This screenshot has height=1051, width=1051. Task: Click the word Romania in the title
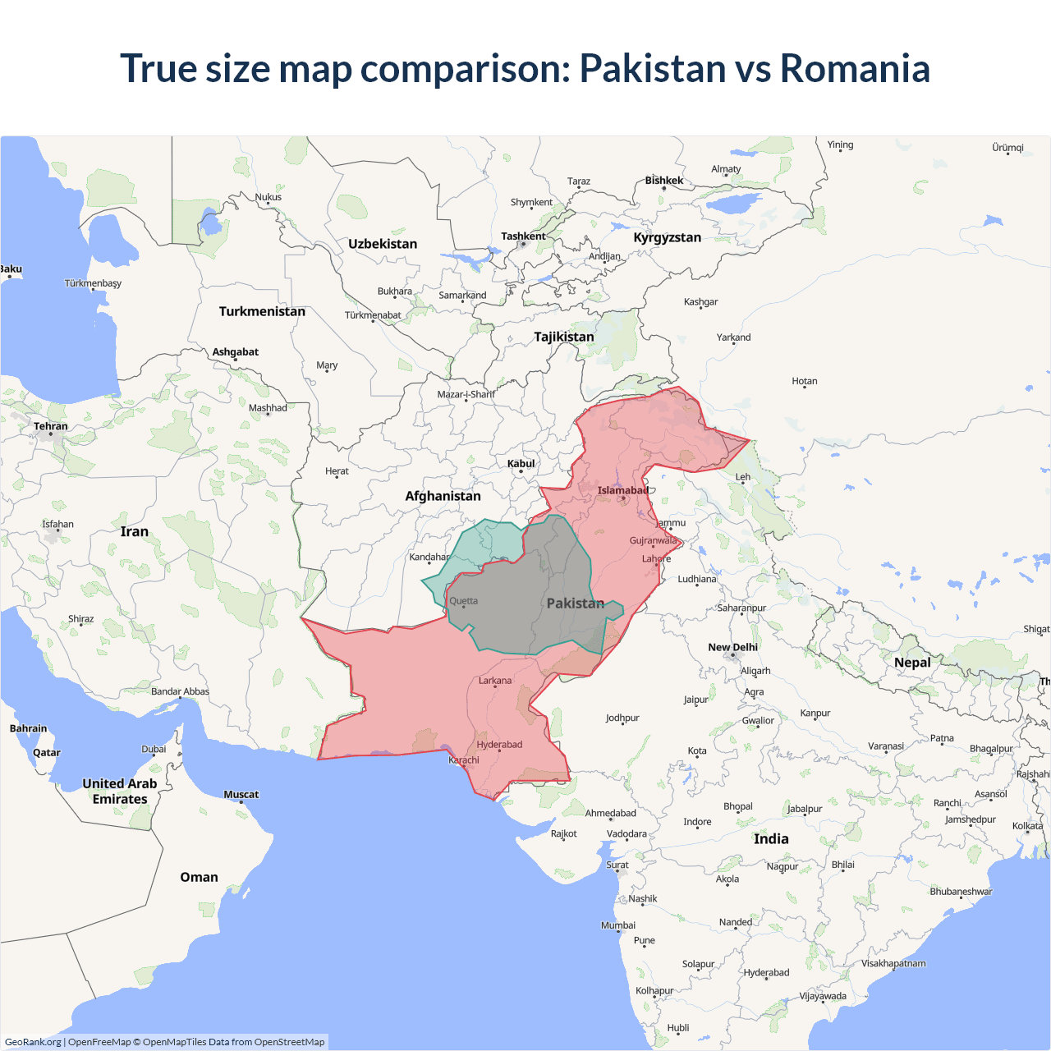pyautogui.click(x=855, y=68)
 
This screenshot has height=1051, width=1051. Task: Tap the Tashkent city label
pyautogui.click(x=523, y=236)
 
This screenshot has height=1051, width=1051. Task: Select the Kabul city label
pyautogui.click(x=521, y=464)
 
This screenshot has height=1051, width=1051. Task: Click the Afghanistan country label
pyautogui.click(x=443, y=496)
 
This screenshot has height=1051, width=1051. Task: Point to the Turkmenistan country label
pyautogui.click(x=262, y=311)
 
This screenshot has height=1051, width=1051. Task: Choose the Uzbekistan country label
pyautogui.click(x=383, y=244)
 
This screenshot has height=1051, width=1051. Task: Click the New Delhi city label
pyautogui.click(x=732, y=647)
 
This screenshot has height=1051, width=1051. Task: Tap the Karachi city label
pyautogui.click(x=464, y=760)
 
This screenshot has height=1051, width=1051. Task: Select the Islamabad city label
pyautogui.click(x=622, y=491)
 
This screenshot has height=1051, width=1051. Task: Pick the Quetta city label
pyautogui.click(x=463, y=601)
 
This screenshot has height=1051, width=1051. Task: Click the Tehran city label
pyautogui.click(x=51, y=426)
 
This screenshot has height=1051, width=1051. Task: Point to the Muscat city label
pyautogui.click(x=241, y=795)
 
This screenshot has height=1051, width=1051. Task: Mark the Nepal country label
pyautogui.click(x=912, y=663)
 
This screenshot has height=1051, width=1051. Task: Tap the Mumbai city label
pyautogui.click(x=618, y=925)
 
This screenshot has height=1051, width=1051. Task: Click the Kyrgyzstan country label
pyautogui.click(x=667, y=237)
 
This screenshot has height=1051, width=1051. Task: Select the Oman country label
pyautogui.click(x=199, y=877)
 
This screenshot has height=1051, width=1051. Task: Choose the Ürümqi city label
pyautogui.click(x=1007, y=148)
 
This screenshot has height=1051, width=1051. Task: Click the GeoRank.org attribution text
pyautogui.click(x=33, y=1042)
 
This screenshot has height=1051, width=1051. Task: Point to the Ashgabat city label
pyautogui.click(x=235, y=352)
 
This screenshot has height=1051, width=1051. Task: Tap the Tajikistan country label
pyautogui.click(x=563, y=337)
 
